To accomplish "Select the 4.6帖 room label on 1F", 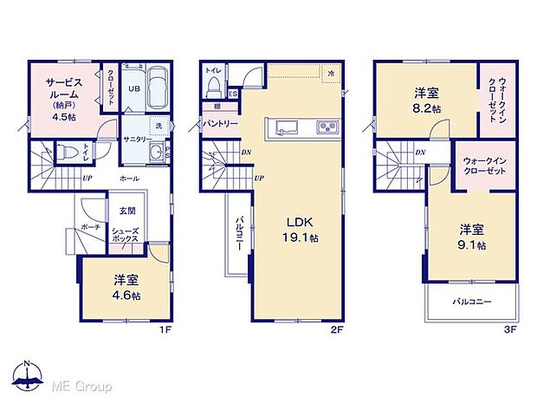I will (x=126, y=287).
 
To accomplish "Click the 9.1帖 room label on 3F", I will (x=472, y=237).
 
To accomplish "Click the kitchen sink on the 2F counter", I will (x=287, y=129).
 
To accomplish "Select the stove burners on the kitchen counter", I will (x=329, y=129).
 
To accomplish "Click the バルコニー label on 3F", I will (x=472, y=302).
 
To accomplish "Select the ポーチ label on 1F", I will (x=90, y=226).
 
